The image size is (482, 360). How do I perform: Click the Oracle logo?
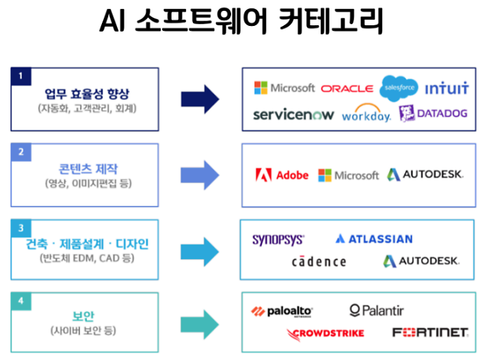pyautogui.click(x=347, y=89)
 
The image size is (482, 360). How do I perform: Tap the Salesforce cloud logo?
pyautogui.click(x=399, y=88)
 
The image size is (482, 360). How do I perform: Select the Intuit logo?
pyautogui.click(x=446, y=89)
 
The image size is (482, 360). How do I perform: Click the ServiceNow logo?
pyautogui.click(x=293, y=114)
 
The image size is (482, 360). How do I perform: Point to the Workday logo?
pyautogui.click(x=366, y=114)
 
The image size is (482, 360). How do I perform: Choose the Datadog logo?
pyautogui.click(x=433, y=113)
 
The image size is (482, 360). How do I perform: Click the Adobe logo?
pyautogui.click(x=282, y=175)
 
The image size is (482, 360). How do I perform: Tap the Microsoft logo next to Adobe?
pyautogui.click(x=348, y=176)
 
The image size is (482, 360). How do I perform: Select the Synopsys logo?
pyautogui.click(x=278, y=239)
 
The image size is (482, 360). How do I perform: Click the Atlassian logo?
pyautogui.click(x=374, y=239)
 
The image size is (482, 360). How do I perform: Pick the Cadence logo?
pyautogui.click(x=319, y=261)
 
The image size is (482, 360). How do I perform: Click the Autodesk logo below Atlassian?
pyautogui.click(x=421, y=261)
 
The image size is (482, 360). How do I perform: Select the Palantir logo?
pyautogui.click(x=377, y=311)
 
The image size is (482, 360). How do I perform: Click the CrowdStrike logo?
pyautogui.click(x=325, y=333)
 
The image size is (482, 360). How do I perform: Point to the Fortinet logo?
pyautogui.click(x=430, y=333)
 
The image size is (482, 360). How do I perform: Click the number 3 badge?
pyautogui.click(x=21, y=227)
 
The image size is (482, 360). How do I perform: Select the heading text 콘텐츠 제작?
pyautogui.click(x=85, y=169)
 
